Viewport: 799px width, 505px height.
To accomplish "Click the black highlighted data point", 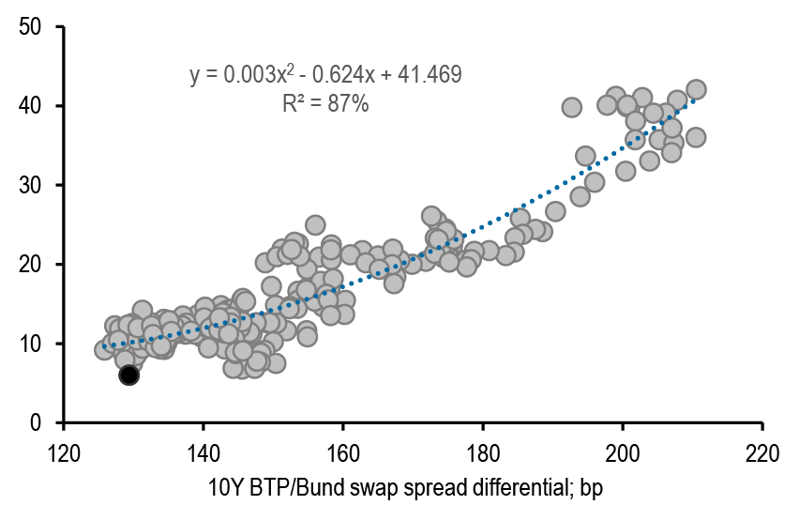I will (x=128, y=375).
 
